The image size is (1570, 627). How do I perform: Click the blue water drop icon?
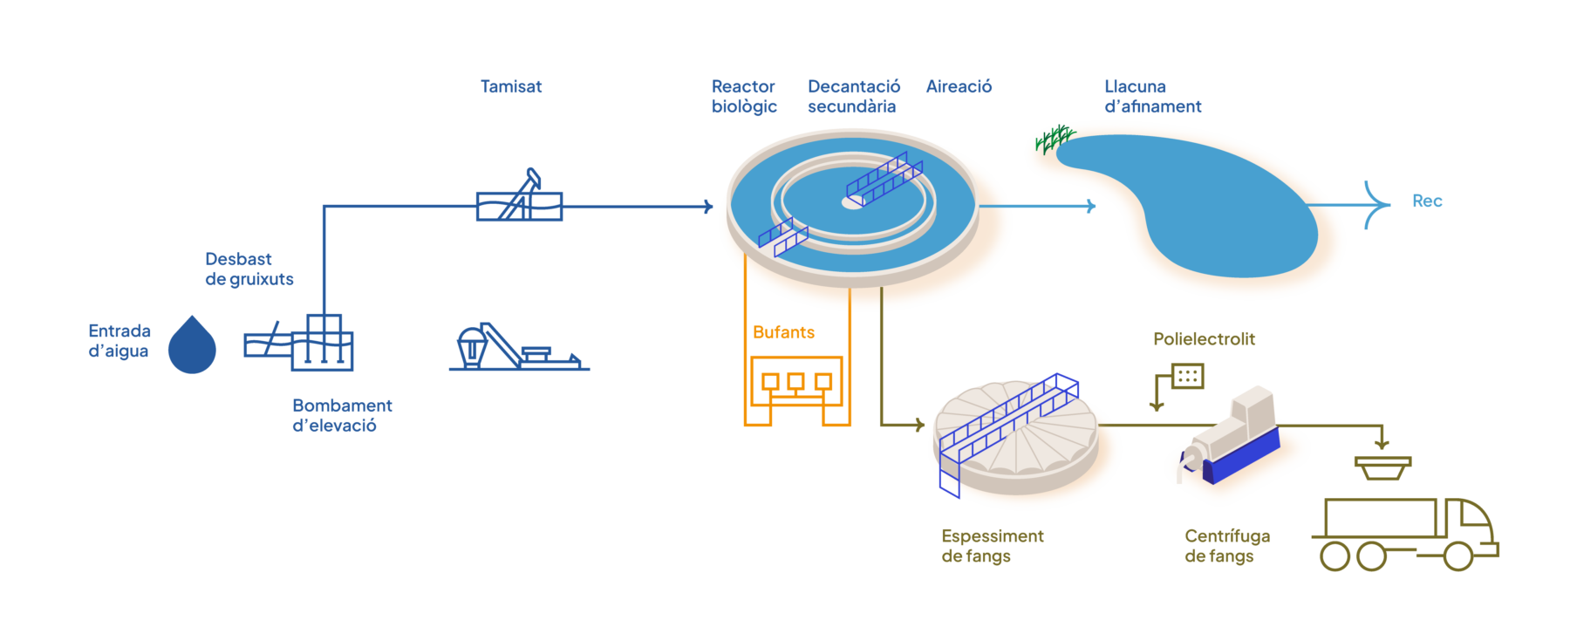pyautogui.click(x=192, y=346)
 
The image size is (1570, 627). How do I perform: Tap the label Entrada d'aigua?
pyautogui.click(x=119, y=341)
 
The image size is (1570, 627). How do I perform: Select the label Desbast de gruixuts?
pyautogui.click(x=249, y=269)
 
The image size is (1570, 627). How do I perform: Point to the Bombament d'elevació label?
pyautogui.click(x=341, y=416)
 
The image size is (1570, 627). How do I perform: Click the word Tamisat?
pyautogui.click(x=511, y=87)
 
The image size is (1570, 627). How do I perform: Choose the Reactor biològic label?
pyautogui.click(x=744, y=97)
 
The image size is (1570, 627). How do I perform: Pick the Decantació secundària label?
pyautogui.click(x=853, y=97)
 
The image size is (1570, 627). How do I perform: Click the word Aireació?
pyautogui.click(x=959, y=87)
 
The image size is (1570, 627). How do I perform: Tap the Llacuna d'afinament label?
pyautogui.click(x=1152, y=97)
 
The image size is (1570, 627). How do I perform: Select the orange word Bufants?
pyautogui.click(x=783, y=333)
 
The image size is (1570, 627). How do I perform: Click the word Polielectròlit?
pyautogui.click(x=1204, y=339)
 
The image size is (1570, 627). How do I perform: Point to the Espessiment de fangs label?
pyautogui.click(x=992, y=546)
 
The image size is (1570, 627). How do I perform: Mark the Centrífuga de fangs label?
pyautogui.click(x=1226, y=546)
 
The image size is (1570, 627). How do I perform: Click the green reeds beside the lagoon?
pyautogui.click(x=1055, y=138)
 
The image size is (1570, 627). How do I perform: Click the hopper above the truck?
pyautogui.click(x=1382, y=468)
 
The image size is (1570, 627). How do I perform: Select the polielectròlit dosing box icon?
pyautogui.click(x=1188, y=376)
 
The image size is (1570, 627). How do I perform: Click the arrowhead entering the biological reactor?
pyautogui.click(x=710, y=207)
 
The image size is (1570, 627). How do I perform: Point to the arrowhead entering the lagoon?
pyautogui.click(x=1090, y=207)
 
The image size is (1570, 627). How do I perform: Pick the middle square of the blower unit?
pyautogui.click(x=795, y=381)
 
